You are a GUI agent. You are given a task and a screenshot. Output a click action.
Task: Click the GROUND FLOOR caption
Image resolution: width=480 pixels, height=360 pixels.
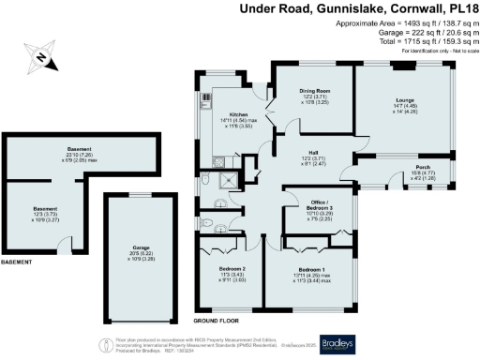click(x=213, y=321)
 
